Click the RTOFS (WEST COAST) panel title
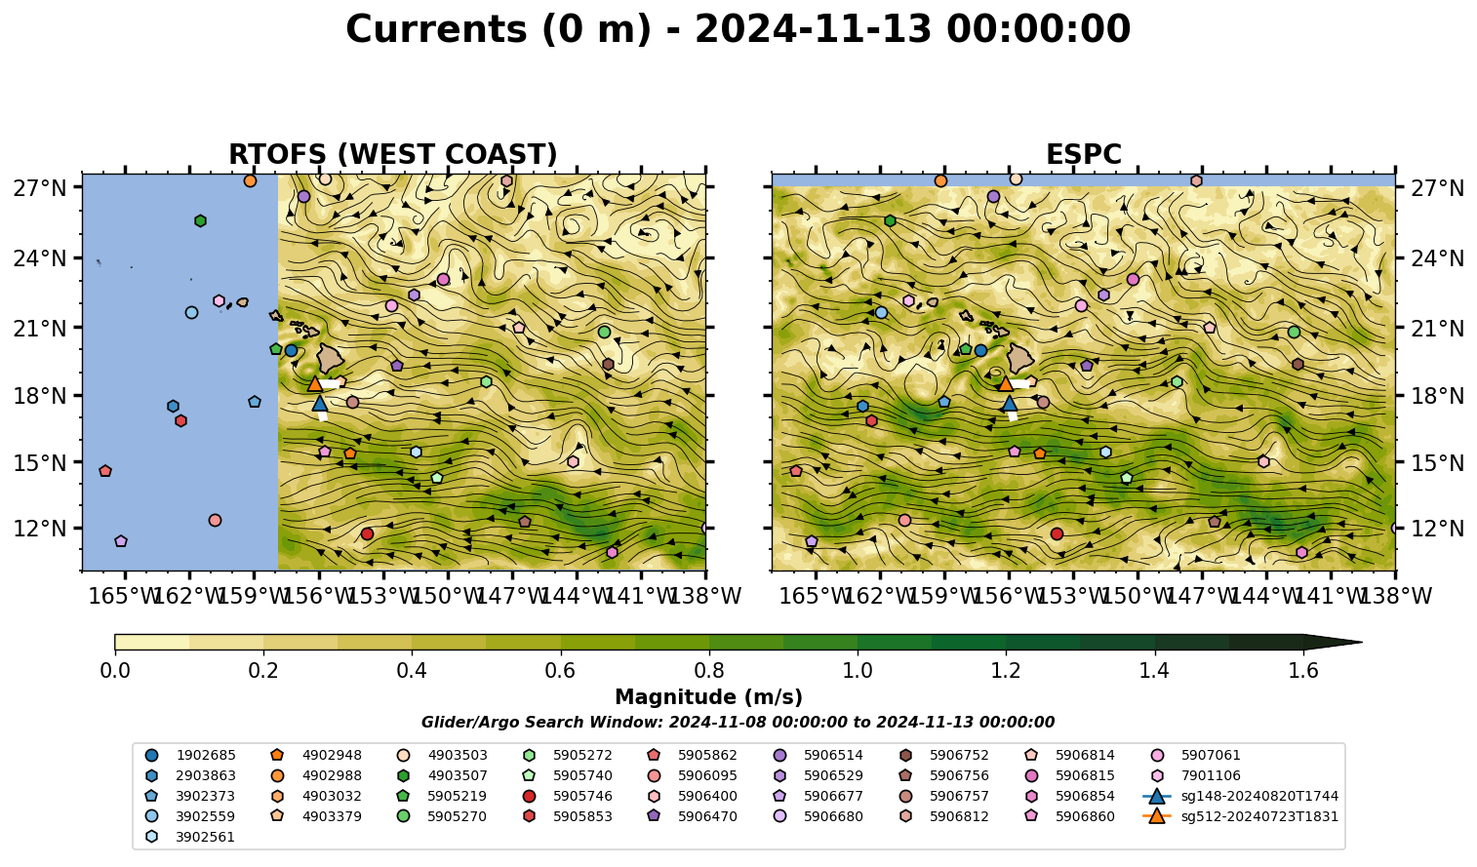[x=393, y=154]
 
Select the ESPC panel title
[x=1083, y=154]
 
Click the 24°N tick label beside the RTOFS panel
[x=40, y=258]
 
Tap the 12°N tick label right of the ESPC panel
[x=1437, y=529]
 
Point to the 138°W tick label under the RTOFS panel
[x=705, y=596]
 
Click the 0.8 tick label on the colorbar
[x=709, y=671]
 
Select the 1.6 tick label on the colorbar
[x=1303, y=671]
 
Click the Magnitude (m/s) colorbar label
[x=709, y=697]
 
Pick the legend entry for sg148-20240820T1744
[x=1241, y=796]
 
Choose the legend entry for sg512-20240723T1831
[x=1241, y=816]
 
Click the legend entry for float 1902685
[x=190, y=755]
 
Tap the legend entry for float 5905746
[x=567, y=796]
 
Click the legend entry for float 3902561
[x=190, y=837]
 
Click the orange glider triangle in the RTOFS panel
[x=314, y=383]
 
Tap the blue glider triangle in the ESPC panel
[x=1010, y=403]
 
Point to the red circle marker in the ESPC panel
[x=1057, y=533]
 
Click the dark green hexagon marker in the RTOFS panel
[x=200, y=220]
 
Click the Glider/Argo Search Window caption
[x=738, y=723]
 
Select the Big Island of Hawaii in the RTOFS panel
[x=329, y=358]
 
